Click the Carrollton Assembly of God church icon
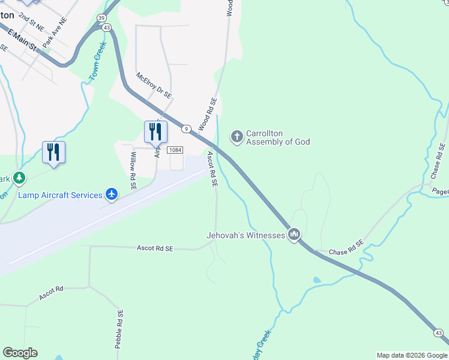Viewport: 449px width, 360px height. [237, 137]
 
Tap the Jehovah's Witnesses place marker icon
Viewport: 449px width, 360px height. [294, 235]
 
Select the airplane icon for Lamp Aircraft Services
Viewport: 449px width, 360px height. [112, 194]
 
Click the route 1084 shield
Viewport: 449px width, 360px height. [175, 150]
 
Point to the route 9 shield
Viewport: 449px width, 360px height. [187, 128]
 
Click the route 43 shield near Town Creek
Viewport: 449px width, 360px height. [106, 28]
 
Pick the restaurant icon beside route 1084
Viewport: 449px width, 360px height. [155, 131]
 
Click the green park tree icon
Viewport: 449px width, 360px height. [20, 178]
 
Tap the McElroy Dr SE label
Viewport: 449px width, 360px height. [154, 86]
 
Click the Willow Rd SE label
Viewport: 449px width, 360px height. [133, 171]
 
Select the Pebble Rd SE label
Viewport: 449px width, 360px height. [119, 329]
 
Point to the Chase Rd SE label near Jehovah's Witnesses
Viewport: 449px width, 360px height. [347, 248]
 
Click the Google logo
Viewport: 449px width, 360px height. [20, 353]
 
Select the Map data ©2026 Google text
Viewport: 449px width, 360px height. [411, 355]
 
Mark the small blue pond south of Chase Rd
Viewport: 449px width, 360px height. [316, 280]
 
